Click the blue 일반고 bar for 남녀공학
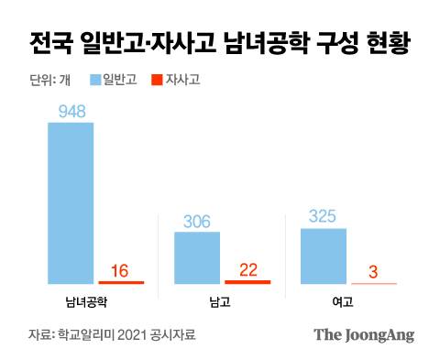(x=71, y=202)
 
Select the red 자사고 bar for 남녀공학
(x=121, y=282)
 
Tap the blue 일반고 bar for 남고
(x=197, y=257)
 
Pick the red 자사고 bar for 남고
(x=247, y=281)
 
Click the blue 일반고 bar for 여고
(x=324, y=256)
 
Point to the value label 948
(x=71, y=110)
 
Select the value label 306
(x=197, y=221)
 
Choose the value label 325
(x=324, y=217)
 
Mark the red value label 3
(x=374, y=270)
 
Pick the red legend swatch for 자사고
(x=151, y=80)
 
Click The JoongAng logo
(x=364, y=334)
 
